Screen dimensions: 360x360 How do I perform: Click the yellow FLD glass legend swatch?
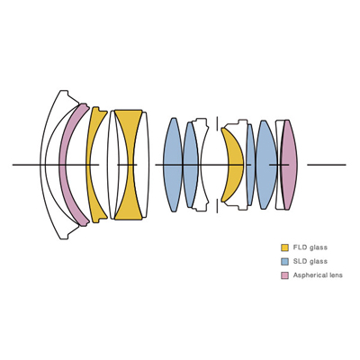point(284,247)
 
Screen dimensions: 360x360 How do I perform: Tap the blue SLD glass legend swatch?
point(284,261)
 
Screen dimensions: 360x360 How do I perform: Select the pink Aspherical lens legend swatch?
point(284,275)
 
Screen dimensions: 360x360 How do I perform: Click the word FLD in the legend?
point(300,247)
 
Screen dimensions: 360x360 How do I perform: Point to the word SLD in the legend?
point(300,261)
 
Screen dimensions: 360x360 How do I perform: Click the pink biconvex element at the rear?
point(289,165)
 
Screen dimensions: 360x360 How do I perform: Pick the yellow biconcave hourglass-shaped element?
point(129,165)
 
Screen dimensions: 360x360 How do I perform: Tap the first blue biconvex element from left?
point(173,165)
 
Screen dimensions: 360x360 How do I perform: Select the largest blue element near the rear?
point(266,165)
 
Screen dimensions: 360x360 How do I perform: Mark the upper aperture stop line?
point(217,123)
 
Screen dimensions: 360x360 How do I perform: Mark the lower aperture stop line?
point(217,206)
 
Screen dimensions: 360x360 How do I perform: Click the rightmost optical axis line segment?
point(327,165)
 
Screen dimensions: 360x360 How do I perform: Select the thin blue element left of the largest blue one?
point(251,165)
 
